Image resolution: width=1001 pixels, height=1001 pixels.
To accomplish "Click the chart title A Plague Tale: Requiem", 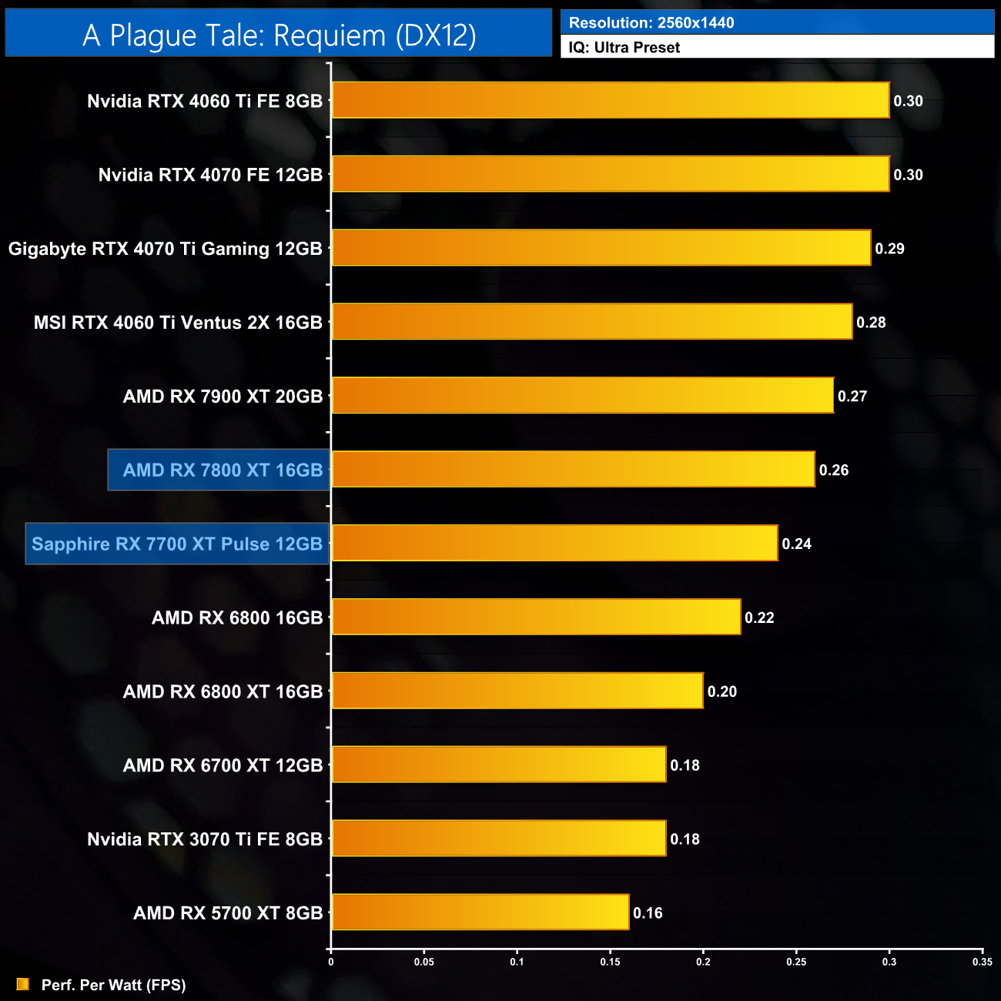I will coord(279,35).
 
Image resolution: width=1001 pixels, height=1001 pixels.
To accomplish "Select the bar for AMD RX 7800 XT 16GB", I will coord(573,470).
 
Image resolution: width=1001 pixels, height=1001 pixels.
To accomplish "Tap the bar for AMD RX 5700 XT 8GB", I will coord(480,912).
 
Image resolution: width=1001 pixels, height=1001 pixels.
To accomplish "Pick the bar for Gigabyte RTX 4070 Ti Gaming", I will coord(601,248).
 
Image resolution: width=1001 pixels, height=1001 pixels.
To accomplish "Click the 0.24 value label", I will coord(796,544).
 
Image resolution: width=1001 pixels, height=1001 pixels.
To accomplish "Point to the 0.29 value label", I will coord(889,249).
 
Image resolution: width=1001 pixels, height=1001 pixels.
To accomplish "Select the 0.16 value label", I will coord(648,913).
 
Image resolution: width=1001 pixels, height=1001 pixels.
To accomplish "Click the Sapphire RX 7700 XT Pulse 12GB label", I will coord(177,544).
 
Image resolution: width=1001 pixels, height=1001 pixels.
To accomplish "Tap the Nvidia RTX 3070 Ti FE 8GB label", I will coord(205,839).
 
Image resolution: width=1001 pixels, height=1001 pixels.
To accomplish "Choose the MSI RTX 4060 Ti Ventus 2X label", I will coord(178,323).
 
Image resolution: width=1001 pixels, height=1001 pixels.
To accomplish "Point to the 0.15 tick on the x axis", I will coord(610,962).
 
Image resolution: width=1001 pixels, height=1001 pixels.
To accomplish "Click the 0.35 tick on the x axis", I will coord(982,962).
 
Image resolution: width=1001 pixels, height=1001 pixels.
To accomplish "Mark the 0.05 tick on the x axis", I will coord(423,962).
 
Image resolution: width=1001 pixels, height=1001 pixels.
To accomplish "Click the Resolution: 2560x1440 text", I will coord(651,23).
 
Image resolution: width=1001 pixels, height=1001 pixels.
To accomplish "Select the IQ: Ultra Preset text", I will coord(624,48).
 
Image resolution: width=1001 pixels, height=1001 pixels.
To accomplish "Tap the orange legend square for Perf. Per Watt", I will coord(23,985).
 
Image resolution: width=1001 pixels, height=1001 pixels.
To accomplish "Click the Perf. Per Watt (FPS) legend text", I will coord(113,985).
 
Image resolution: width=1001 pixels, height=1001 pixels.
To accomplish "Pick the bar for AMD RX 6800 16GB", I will coord(536,618).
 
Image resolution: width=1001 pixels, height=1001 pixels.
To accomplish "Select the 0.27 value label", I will coord(852,397).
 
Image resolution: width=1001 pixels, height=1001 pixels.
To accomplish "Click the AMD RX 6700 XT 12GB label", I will coord(223,765).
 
